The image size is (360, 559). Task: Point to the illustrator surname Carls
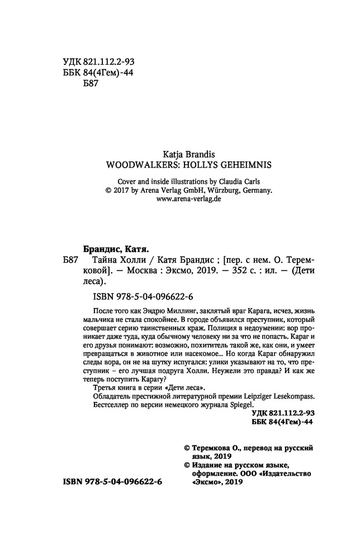(251, 181)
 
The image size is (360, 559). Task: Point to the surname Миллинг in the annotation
(171, 311)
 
